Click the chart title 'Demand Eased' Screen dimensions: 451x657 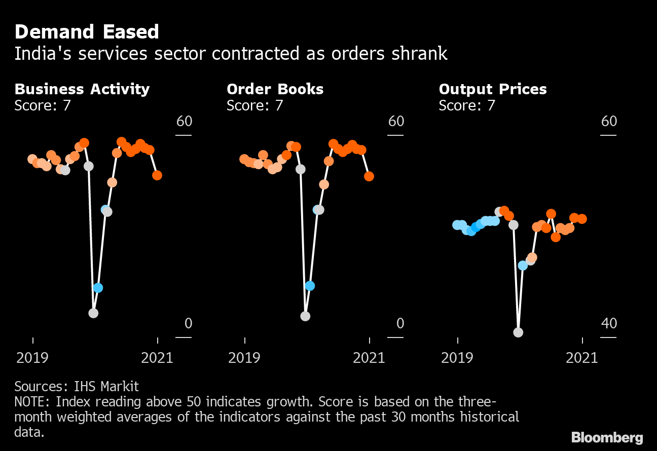[x=87, y=32]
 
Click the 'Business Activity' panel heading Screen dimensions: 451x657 [x=82, y=89]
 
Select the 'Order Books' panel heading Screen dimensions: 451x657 [x=275, y=89]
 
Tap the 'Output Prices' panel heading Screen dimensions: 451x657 [x=493, y=89]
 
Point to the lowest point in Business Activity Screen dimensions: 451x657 [x=93, y=313]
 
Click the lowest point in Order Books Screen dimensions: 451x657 [x=305, y=316]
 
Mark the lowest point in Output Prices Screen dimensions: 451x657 [x=518, y=332]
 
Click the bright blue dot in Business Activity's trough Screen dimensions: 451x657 [x=98, y=288]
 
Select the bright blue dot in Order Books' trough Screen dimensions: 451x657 [x=310, y=286]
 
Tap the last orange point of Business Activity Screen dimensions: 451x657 [x=157, y=175]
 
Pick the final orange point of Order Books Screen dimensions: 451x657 [x=369, y=176]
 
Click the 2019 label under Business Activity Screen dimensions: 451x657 [x=32, y=358]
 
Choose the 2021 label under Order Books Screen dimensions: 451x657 [x=369, y=358]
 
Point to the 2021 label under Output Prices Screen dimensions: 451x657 [x=581, y=358]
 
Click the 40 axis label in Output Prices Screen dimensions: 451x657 [x=609, y=323]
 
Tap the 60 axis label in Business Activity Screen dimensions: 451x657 [x=184, y=122]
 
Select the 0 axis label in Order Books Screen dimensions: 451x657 [x=400, y=323]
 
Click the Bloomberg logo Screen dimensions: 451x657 [x=607, y=437]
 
